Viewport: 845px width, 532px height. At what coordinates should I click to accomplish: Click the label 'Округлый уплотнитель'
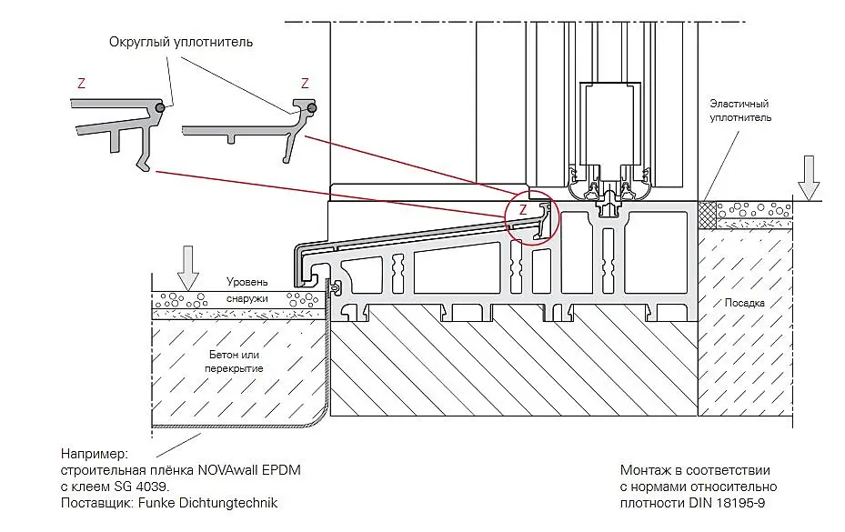(x=181, y=42)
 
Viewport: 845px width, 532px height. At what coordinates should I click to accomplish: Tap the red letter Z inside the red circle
(x=523, y=209)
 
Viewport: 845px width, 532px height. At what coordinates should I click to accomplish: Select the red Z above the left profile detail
(x=82, y=83)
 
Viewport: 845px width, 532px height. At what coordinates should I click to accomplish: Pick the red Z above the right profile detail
(x=305, y=83)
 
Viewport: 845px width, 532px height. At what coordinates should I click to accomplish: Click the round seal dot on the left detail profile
(x=160, y=107)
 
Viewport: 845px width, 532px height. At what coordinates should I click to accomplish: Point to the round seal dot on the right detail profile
(x=312, y=108)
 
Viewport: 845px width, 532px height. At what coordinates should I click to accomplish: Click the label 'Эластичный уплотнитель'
(x=740, y=112)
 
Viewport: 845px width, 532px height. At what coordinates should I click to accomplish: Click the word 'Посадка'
(x=745, y=302)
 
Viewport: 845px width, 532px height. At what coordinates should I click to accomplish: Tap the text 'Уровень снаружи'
(x=248, y=288)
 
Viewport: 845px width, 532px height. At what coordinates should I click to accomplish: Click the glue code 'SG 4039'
(x=142, y=487)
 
